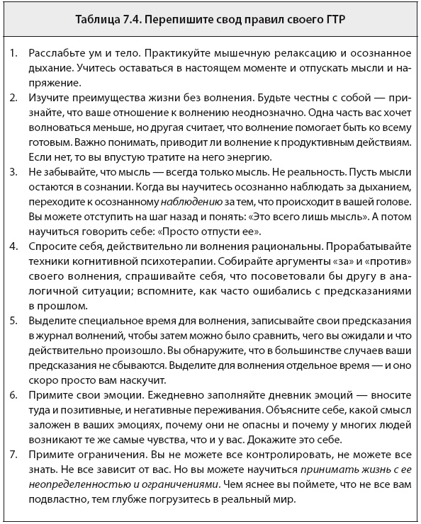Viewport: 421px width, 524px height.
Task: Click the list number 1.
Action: click(x=14, y=54)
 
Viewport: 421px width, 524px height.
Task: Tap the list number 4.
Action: click(x=14, y=245)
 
